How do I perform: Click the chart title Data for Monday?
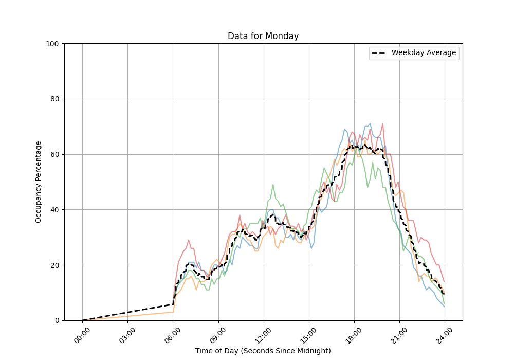tap(263, 36)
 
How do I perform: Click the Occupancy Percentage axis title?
tap(39, 182)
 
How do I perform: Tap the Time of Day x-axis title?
tap(263, 351)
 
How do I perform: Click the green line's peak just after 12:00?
tap(273, 185)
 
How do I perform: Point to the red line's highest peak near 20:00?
tap(383, 124)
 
